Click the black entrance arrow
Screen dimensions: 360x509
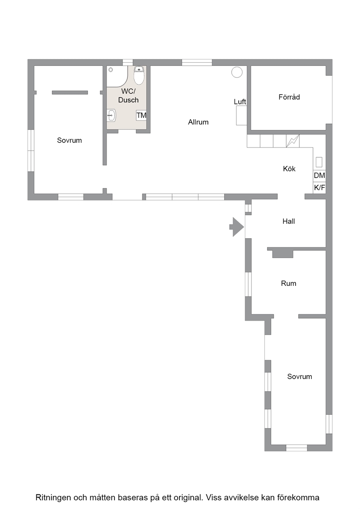click(237, 227)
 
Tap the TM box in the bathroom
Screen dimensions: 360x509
click(141, 115)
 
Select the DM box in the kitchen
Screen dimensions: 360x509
click(319, 175)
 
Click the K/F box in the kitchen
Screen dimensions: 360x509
click(319, 188)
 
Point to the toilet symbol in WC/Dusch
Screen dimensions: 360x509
click(139, 75)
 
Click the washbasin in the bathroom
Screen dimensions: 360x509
click(111, 115)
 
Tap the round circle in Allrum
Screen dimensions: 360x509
click(237, 72)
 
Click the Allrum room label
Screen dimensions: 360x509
click(198, 122)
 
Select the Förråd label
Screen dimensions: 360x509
click(289, 97)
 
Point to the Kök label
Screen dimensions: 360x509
click(289, 169)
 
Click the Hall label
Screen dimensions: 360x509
click(288, 221)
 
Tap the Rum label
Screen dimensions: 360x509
click(288, 283)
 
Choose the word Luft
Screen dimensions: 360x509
click(240, 102)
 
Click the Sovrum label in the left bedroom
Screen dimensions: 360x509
click(69, 140)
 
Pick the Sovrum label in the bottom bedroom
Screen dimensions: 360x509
click(299, 376)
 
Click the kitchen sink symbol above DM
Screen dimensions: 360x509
click(319, 162)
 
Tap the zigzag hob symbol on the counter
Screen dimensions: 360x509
click(293, 141)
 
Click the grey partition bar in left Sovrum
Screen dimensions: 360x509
click(70, 92)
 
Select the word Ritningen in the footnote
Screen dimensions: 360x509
click(53, 498)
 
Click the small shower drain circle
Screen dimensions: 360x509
click(111, 70)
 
